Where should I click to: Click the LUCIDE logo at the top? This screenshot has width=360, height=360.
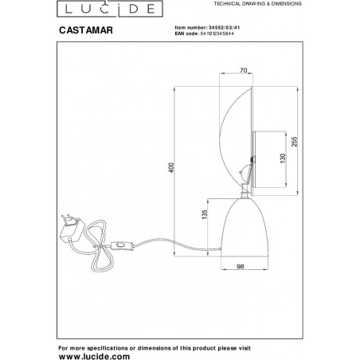pos(110,9)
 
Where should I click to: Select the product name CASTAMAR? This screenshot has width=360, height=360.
pos(86,30)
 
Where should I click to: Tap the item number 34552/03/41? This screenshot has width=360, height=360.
pos(225,28)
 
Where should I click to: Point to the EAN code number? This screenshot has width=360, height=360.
pos(217,33)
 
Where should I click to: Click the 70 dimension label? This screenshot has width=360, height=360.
pos(244,70)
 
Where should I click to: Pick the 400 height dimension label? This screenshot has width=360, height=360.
pos(172,168)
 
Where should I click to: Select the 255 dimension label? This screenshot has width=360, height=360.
pos(295,142)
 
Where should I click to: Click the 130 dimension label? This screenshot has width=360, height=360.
pos(283,158)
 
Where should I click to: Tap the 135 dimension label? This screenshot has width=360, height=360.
pos(205,214)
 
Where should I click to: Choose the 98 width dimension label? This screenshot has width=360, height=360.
pos(241,266)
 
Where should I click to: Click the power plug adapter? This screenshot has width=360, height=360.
pos(71,228)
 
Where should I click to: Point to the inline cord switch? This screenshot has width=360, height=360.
pos(122,246)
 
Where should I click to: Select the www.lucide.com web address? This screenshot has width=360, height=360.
pos(94,356)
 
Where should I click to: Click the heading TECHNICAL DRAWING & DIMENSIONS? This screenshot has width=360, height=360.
pos(257,4)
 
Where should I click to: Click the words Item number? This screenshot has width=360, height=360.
pos(190,28)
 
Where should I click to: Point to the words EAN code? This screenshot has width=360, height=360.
pos(186,33)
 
